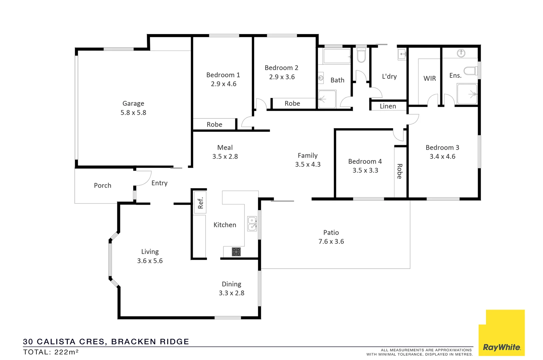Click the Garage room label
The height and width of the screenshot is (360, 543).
click(133, 103)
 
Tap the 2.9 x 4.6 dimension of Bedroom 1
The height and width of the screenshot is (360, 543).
click(223, 84)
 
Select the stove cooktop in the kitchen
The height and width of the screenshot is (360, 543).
click(236, 252)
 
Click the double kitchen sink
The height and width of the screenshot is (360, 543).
click(252, 224)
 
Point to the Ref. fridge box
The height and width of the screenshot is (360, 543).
click(200, 202)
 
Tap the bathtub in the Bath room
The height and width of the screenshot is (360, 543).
click(336, 56)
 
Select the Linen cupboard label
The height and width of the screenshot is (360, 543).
click(388, 106)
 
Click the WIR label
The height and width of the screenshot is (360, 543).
click(429, 78)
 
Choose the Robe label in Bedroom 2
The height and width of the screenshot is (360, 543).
click(292, 103)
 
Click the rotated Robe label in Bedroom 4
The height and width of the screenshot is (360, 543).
click(399, 171)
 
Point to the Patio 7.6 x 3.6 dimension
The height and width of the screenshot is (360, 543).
click(331, 241)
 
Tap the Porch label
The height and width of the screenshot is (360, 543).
click(102, 185)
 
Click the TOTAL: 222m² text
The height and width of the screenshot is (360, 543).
click(51, 352)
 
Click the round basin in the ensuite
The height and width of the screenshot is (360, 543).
click(461, 53)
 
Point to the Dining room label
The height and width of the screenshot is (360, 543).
click(231, 284)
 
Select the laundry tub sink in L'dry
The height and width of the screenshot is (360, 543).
click(402, 54)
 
